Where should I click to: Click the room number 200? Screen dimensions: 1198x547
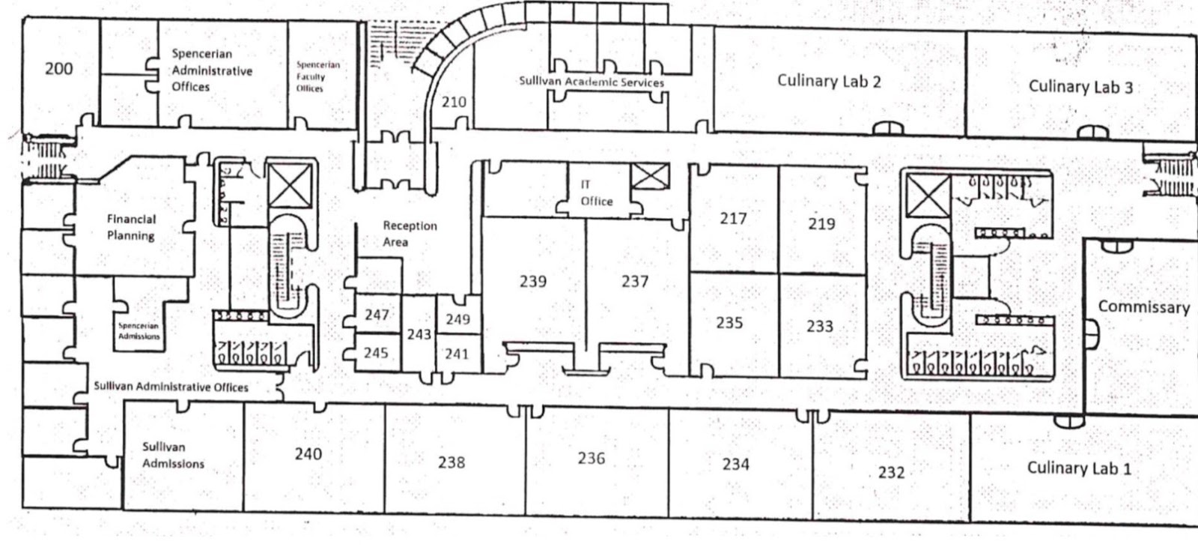click(x=58, y=69)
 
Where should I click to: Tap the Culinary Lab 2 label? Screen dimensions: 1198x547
click(x=828, y=81)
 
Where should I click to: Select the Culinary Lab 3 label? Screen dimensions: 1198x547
click(x=1080, y=86)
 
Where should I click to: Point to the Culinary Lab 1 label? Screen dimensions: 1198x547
click(x=1078, y=468)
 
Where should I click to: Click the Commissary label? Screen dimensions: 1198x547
click(x=1143, y=306)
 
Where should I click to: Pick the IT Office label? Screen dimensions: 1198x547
click(x=596, y=193)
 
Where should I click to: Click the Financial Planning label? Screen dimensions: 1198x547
click(x=131, y=227)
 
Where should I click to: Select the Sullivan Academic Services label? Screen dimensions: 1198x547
click(x=591, y=82)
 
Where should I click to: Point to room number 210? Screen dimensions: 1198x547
click(x=453, y=102)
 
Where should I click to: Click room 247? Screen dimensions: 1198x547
click(x=377, y=315)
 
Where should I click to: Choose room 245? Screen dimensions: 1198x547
click(x=376, y=352)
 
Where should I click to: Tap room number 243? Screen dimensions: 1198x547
click(x=419, y=333)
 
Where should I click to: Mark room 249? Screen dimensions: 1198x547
click(x=457, y=319)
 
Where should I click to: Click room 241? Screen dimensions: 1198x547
click(x=456, y=353)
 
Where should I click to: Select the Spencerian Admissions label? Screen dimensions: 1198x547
click(x=139, y=331)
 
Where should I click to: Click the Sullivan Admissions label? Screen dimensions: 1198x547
click(x=173, y=456)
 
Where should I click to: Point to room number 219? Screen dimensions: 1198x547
click(x=821, y=223)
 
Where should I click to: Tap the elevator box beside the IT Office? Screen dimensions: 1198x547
click(x=650, y=177)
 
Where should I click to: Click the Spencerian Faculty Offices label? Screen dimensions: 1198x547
click(x=317, y=76)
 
